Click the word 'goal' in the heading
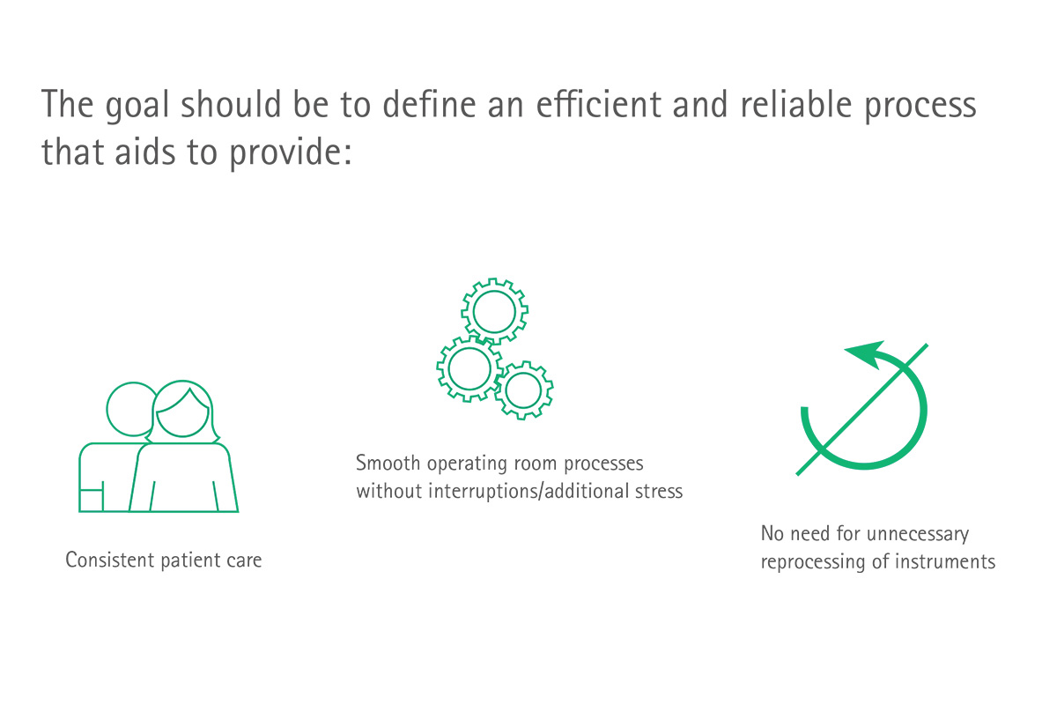pos(137,106)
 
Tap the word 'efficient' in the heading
pos(599,103)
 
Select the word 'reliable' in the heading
pos(796,103)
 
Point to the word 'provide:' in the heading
pos(291,154)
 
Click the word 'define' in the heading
pos(429,103)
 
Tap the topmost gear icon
pos(494,311)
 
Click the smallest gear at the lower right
pos(524,390)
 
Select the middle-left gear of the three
pos(469,368)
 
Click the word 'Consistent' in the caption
pos(110,560)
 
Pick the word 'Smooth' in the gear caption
pos(388,464)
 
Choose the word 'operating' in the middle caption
pos(467,464)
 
